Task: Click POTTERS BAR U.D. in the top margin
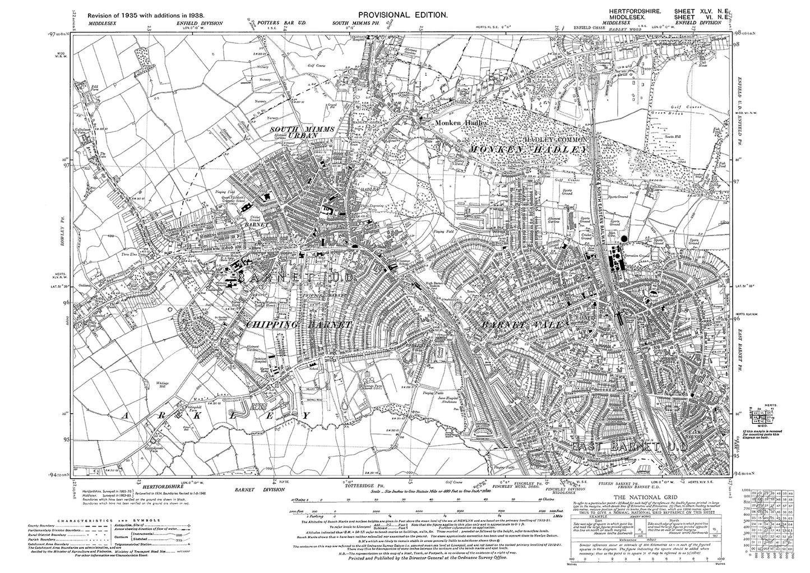tap(272, 24)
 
